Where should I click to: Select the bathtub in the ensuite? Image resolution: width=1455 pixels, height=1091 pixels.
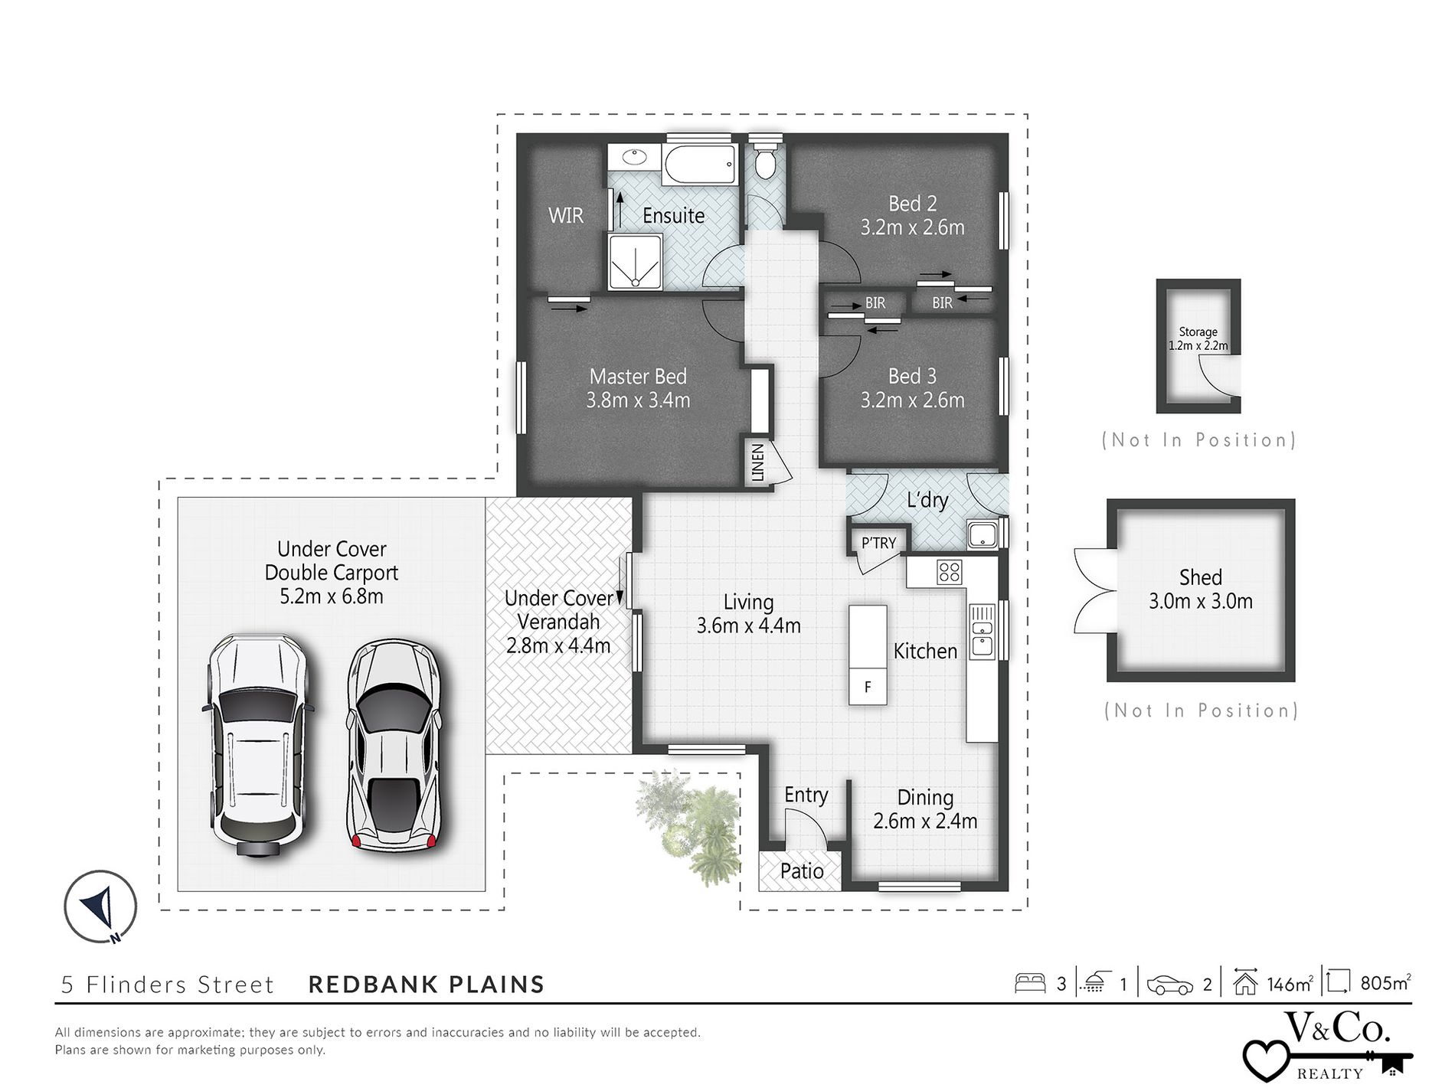tap(699, 164)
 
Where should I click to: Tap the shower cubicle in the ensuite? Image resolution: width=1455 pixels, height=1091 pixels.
tap(635, 262)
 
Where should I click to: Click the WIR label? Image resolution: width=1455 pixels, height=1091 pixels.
tap(566, 215)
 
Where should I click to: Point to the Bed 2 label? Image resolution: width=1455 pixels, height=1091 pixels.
tap(912, 204)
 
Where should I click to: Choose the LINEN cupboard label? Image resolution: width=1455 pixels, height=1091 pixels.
tap(757, 462)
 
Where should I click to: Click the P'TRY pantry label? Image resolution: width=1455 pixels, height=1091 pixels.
tap(878, 543)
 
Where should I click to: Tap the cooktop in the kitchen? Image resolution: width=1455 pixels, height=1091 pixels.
tap(949, 572)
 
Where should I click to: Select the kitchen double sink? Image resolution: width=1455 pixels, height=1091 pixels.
tap(981, 631)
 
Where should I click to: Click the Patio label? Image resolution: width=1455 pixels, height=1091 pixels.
tap(802, 871)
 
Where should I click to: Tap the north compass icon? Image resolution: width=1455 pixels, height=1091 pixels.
tap(100, 906)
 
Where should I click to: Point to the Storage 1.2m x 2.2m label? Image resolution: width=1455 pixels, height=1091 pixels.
tap(1198, 338)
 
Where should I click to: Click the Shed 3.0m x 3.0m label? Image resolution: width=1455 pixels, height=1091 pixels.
tap(1200, 589)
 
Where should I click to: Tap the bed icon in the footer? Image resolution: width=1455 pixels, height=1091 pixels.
tap(1030, 983)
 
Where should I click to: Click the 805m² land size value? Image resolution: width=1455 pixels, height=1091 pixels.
tap(1385, 982)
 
